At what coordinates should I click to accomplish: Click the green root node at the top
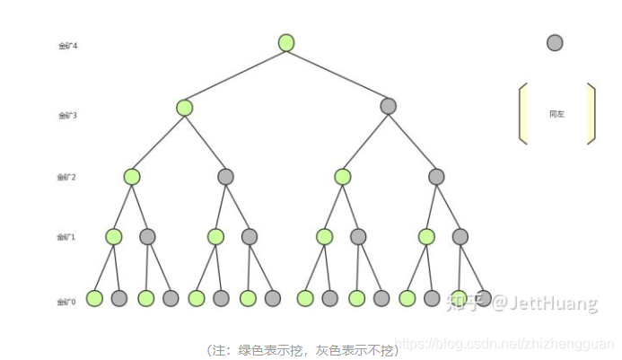click(x=286, y=42)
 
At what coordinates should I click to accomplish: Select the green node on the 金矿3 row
click(x=185, y=108)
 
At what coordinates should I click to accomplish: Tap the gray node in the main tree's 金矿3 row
click(x=388, y=106)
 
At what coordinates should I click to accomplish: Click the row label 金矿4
click(x=67, y=45)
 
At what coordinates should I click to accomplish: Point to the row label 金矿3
click(x=67, y=116)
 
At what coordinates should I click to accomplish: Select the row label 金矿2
click(x=66, y=177)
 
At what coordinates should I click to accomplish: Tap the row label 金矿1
click(x=66, y=237)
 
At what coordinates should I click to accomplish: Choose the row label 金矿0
click(x=66, y=302)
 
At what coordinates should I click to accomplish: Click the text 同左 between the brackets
click(x=556, y=114)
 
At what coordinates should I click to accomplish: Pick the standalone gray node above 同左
click(x=555, y=42)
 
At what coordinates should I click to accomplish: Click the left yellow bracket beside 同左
click(x=522, y=113)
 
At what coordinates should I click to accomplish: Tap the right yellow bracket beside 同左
click(x=591, y=113)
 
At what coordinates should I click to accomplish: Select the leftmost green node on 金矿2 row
click(x=132, y=177)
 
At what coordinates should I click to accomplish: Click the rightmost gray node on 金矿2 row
click(x=436, y=177)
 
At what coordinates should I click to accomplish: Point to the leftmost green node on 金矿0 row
click(x=94, y=298)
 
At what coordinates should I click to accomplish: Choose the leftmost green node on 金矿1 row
click(x=114, y=237)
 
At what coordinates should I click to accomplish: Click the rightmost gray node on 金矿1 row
click(x=460, y=237)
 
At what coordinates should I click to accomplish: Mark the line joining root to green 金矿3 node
click(x=235, y=75)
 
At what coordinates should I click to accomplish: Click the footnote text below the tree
click(x=302, y=349)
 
